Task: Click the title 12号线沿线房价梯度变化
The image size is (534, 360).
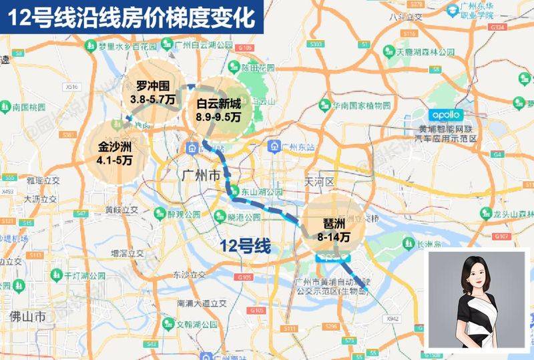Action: point(132,17)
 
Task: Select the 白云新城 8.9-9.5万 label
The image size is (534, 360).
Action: point(218,111)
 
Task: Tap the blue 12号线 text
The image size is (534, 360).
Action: point(245,246)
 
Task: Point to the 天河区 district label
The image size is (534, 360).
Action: point(318,182)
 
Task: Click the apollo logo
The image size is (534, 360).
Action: point(440,114)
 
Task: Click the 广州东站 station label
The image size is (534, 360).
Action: point(297,147)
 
